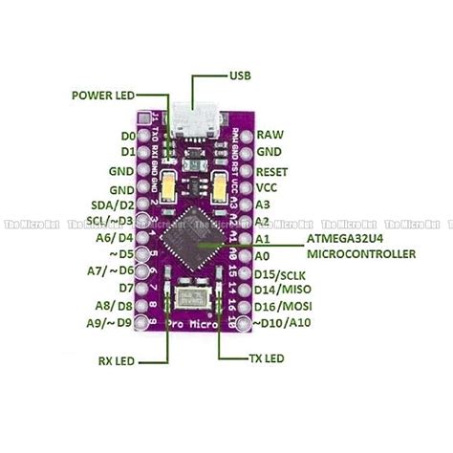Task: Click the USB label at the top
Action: pyautogui.click(x=242, y=75)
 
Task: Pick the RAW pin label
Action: pyautogui.click(x=270, y=135)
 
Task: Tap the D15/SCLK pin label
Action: pyautogui.click(x=285, y=275)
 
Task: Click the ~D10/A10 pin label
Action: pyautogui.click(x=288, y=323)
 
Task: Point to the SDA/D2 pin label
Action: pyautogui.click(x=114, y=205)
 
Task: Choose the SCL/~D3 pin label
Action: pyautogui.click(x=111, y=221)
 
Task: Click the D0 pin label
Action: pyautogui.click(x=126, y=135)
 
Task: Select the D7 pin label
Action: pyautogui.click(x=125, y=288)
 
